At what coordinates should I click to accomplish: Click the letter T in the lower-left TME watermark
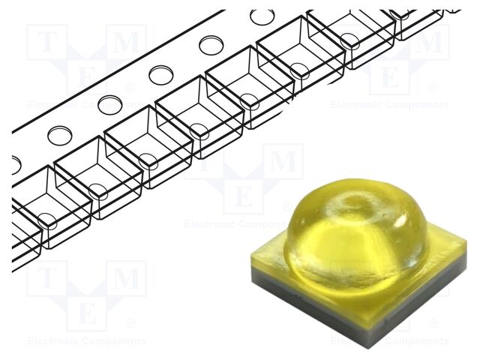47,280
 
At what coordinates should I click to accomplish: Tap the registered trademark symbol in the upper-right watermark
433,87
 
